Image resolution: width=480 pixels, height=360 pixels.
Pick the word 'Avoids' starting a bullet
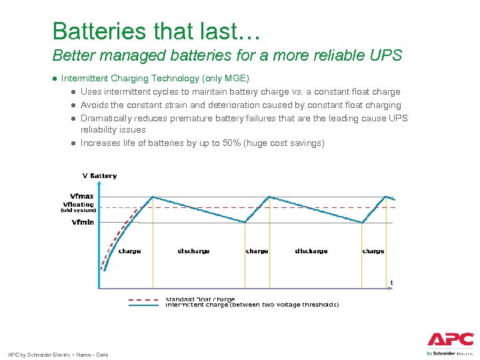coord(94,105)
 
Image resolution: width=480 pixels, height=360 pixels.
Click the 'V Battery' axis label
coord(99,176)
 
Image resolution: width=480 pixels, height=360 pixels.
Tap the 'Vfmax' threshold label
coord(81,196)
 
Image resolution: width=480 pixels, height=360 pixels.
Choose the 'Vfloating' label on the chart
coord(78,204)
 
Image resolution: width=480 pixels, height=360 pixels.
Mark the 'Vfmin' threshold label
coord(83,222)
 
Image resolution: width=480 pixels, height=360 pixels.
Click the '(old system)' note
coord(78,211)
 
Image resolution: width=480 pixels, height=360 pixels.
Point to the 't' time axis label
coord(391,283)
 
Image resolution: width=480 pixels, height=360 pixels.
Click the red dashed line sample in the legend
coord(143,299)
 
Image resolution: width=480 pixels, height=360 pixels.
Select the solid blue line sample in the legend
coord(143,305)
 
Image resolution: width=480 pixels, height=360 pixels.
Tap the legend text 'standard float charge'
coord(200,299)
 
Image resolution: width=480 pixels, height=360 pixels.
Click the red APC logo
coord(450,339)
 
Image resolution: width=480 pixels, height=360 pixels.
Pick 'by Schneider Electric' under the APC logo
coord(450,353)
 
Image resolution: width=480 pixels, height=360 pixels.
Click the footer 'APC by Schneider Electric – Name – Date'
coord(57,354)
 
